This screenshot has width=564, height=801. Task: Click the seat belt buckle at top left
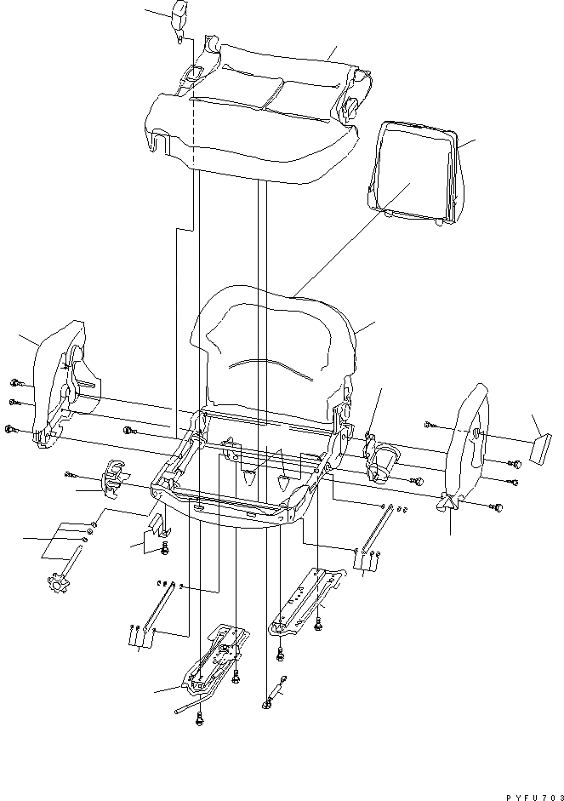click(x=180, y=20)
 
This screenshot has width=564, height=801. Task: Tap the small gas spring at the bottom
click(x=274, y=693)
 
